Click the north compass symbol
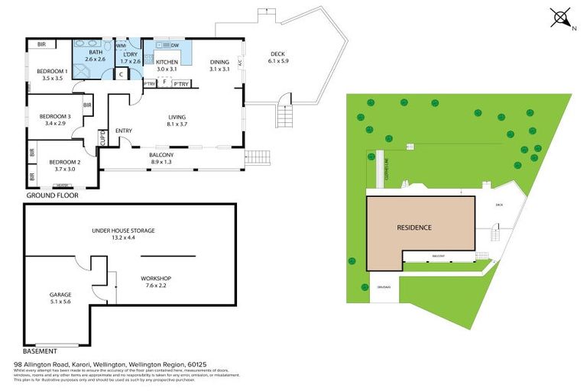coord(561,18)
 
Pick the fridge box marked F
coord(164,82)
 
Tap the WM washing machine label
coord(121,46)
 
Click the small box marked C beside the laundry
coord(121,74)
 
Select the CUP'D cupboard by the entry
coord(102,138)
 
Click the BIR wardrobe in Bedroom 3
coord(88,105)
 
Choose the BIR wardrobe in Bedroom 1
coord(41,45)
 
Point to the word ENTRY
coord(124,131)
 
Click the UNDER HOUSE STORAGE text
coord(123,230)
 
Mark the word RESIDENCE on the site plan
coord(413,228)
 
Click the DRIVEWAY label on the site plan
coord(384,287)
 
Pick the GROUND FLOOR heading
coord(52,195)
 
